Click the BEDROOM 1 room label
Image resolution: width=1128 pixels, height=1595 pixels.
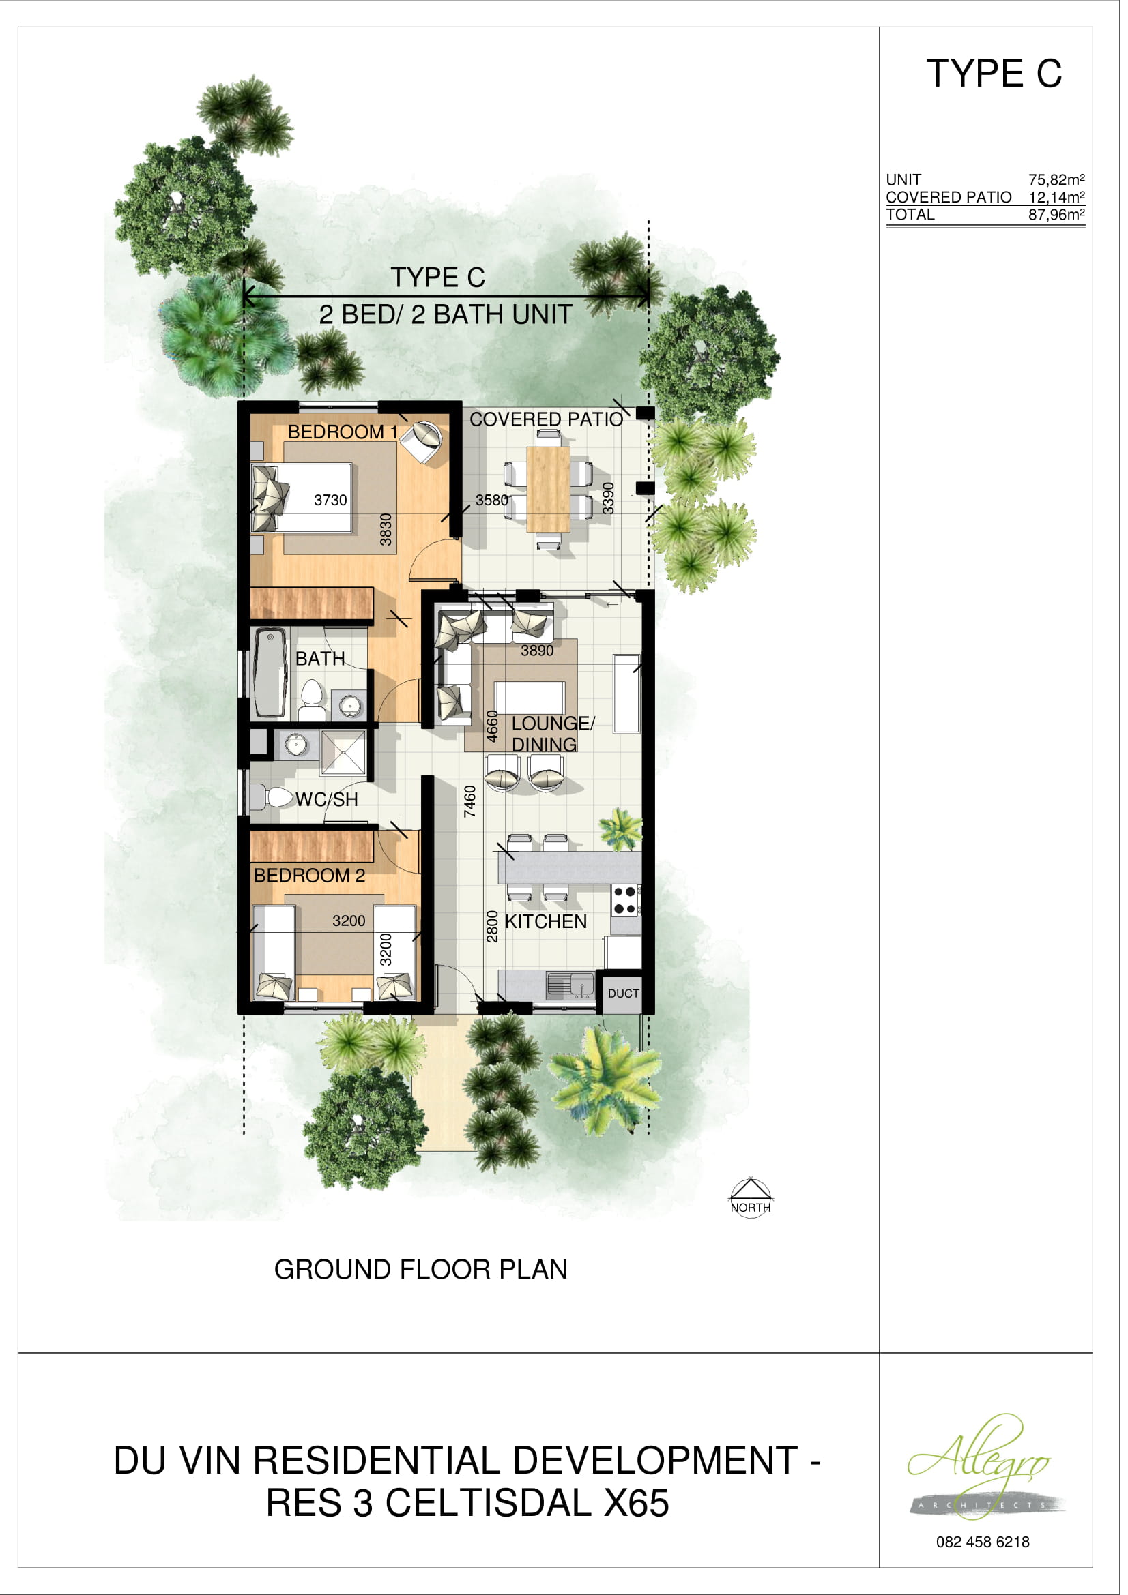(343, 432)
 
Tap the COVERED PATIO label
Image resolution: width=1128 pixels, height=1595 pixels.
(547, 419)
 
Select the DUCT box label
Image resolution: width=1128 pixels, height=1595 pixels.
(623, 994)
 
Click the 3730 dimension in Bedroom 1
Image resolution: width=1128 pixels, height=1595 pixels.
(330, 500)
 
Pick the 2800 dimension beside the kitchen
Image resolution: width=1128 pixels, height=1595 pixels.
(492, 926)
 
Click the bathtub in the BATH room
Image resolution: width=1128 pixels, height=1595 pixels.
(270, 672)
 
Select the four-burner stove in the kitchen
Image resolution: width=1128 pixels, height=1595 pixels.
(625, 899)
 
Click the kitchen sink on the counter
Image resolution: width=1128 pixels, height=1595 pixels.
(570, 985)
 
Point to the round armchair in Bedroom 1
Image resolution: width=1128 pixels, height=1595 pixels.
(422, 441)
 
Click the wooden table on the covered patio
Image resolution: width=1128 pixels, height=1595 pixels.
(549, 489)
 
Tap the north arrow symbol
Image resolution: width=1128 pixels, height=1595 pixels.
(750, 1197)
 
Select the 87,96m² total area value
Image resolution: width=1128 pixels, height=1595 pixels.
(1056, 215)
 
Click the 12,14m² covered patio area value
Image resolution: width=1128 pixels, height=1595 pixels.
(1056, 197)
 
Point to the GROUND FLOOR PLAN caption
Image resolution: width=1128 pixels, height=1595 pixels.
(420, 1269)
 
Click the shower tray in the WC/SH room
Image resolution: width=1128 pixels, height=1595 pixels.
(343, 752)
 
